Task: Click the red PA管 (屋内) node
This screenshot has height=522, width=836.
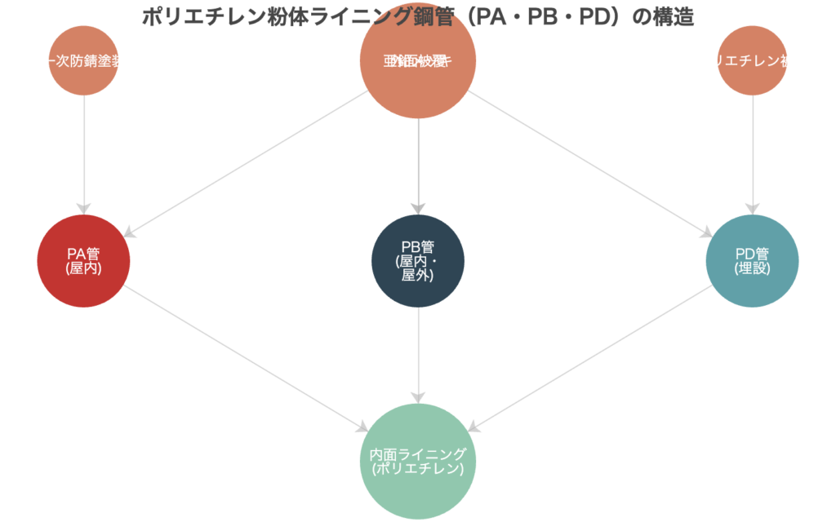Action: (x=83, y=261)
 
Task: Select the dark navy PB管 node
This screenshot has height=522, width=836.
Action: (x=418, y=261)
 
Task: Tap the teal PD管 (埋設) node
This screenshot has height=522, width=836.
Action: (x=752, y=261)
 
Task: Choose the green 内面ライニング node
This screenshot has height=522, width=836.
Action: (x=418, y=462)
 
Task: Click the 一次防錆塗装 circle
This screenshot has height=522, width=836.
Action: (x=83, y=60)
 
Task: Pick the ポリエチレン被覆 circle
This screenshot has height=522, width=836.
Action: (x=752, y=60)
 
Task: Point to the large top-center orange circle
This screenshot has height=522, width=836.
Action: (x=418, y=60)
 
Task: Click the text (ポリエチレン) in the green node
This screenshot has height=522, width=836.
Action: (x=418, y=470)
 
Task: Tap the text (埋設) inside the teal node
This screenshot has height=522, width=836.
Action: (x=752, y=269)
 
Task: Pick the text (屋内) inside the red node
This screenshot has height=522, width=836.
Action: (x=83, y=269)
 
